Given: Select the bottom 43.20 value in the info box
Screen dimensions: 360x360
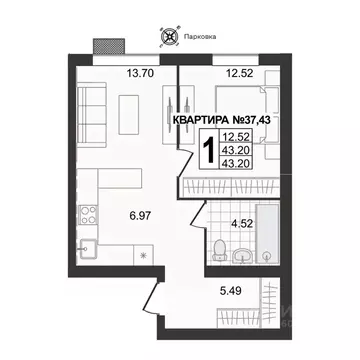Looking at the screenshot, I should pos(237,161).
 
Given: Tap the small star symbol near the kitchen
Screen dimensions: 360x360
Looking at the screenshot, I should pos(145,256).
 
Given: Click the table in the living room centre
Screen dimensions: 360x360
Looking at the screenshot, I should pos(128,108).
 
